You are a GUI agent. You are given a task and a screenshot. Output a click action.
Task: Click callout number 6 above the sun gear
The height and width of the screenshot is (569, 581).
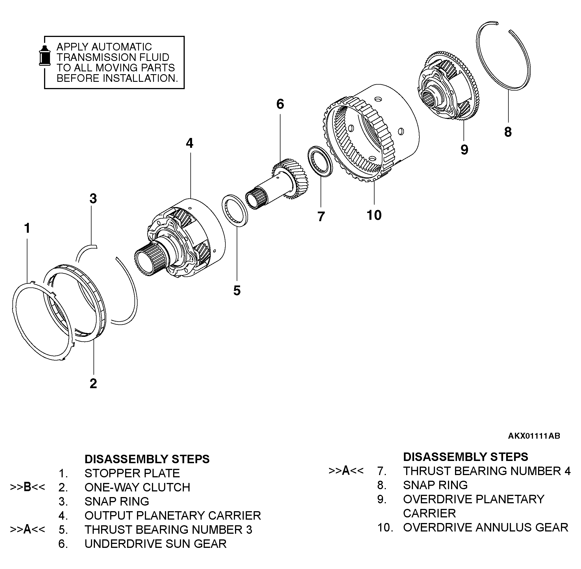[x=280, y=104]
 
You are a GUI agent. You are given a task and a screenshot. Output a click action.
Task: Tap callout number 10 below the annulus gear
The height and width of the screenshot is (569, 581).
[x=374, y=215]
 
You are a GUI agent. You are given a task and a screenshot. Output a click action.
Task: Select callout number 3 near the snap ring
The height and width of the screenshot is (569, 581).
[x=93, y=198]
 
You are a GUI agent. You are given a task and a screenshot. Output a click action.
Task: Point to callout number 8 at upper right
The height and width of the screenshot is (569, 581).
[x=508, y=132]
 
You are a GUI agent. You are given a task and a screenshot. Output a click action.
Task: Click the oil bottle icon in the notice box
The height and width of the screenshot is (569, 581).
[x=45, y=56]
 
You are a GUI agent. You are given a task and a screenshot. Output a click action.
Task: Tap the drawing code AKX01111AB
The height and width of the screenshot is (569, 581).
[x=534, y=436]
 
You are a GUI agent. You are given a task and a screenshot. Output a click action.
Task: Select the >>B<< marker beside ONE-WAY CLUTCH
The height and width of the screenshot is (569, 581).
[x=27, y=487]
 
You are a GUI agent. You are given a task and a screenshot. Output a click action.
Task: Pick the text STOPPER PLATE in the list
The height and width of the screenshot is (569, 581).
[x=132, y=473]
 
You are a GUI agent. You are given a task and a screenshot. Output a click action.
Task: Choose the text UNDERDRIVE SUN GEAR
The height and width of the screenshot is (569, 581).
[x=155, y=544]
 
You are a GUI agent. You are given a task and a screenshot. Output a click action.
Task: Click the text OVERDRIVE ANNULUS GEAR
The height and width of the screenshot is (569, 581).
[x=485, y=528]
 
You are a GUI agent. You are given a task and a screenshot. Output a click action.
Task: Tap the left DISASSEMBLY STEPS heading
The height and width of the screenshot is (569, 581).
[x=147, y=459]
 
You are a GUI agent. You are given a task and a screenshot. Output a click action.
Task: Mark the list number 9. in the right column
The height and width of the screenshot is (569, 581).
[x=382, y=499]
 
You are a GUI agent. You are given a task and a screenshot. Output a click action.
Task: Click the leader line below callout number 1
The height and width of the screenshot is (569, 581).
[x=27, y=260]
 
